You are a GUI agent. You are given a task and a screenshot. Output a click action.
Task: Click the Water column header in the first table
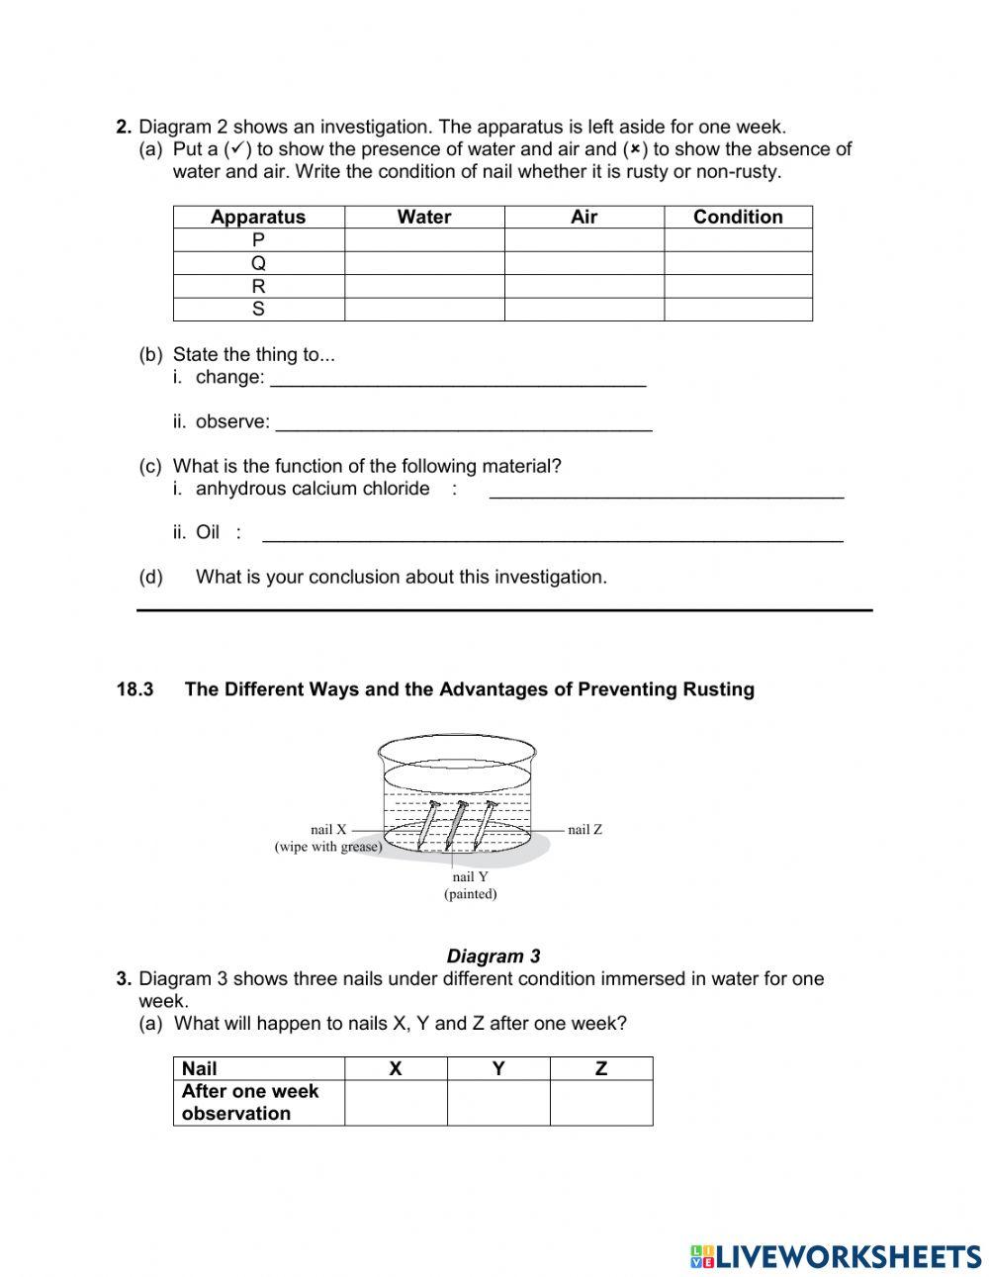(x=423, y=218)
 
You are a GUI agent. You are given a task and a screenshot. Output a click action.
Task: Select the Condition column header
(x=738, y=218)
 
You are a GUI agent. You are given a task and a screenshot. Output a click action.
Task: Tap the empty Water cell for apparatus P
(x=423, y=240)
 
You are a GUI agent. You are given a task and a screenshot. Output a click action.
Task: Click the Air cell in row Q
(x=584, y=263)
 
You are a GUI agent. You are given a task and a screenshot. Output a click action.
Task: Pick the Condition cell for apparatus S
(x=738, y=310)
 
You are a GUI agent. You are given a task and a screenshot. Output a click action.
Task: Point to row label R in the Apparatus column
(x=258, y=287)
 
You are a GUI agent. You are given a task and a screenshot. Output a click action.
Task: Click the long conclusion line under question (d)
(x=504, y=609)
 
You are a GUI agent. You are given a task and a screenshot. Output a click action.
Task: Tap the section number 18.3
(x=135, y=690)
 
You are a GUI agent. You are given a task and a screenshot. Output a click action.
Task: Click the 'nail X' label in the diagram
(x=328, y=830)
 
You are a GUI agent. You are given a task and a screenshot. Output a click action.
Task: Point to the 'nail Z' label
(x=584, y=830)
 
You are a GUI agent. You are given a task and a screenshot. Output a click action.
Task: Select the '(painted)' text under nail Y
(x=470, y=894)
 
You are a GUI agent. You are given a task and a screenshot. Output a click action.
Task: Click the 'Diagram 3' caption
(x=494, y=957)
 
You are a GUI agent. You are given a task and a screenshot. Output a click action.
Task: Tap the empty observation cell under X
(x=396, y=1103)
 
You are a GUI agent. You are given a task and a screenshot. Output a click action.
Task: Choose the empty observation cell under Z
(x=601, y=1103)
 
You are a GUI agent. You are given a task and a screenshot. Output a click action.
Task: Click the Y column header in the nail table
(x=498, y=1068)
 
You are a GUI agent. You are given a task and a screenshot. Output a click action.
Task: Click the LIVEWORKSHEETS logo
(x=836, y=1256)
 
